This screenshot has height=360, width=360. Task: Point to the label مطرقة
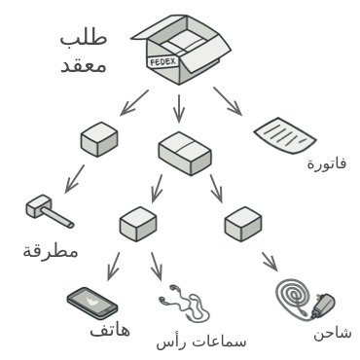51,252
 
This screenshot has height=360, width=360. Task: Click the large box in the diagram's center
184,153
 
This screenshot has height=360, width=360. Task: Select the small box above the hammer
100,141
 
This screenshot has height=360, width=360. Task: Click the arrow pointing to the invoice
229,101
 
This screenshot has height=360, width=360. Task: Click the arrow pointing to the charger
269,261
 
